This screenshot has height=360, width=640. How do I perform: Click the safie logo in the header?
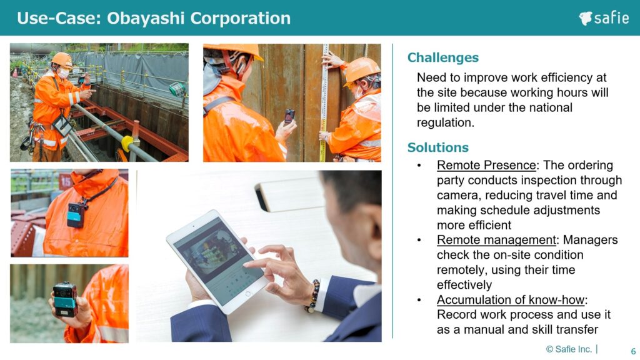[604, 18]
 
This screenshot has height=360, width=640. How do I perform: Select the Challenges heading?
[443, 57]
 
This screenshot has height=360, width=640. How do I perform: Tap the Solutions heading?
[438, 147]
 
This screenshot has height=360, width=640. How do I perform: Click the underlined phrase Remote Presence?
[486, 165]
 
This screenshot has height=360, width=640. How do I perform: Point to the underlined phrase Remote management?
[496, 240]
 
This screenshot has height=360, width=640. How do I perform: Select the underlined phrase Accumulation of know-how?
[511, 300]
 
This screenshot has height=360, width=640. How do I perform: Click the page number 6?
[633, 351]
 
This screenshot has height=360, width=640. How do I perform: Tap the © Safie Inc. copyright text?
[569, 349]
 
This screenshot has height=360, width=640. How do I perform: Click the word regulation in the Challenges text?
[444, 122]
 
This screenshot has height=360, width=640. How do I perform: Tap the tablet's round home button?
[247, 294]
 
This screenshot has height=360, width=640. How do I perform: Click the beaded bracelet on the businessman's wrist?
[314, 296]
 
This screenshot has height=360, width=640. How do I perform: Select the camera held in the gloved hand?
[65, 299]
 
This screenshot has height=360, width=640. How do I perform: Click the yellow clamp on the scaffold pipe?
[127, 143]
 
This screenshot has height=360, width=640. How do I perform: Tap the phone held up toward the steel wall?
[289, 116]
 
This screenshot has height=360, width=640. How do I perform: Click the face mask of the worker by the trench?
[64, 73]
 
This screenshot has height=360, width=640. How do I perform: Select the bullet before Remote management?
[419, 241]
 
